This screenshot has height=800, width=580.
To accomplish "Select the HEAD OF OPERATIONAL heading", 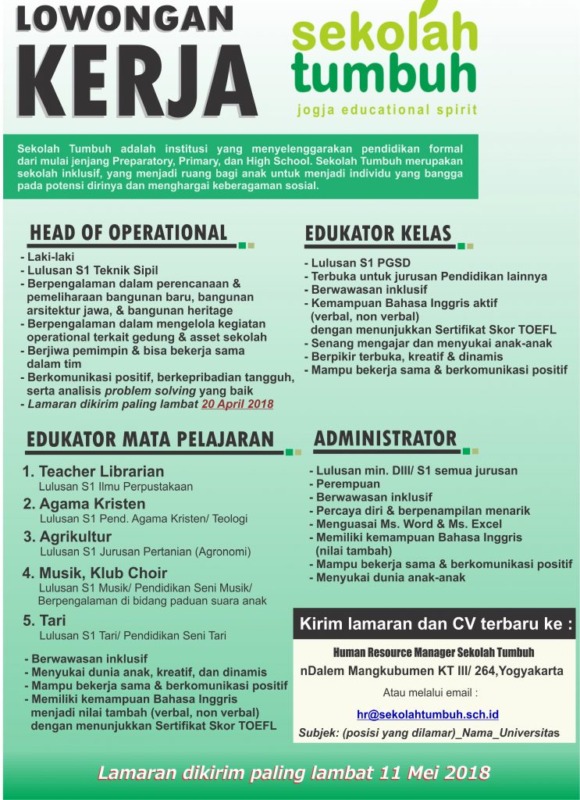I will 128,233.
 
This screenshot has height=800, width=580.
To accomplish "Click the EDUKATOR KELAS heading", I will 378,233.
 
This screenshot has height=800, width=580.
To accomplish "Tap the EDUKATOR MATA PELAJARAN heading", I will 150,438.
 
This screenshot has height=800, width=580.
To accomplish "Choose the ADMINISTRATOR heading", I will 385,438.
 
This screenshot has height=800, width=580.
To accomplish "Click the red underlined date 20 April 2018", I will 237,404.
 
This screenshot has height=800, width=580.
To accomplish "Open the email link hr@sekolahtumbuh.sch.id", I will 428,714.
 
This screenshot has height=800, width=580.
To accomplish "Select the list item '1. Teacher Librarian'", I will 93,471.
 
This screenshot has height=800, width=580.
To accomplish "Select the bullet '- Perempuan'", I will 347,484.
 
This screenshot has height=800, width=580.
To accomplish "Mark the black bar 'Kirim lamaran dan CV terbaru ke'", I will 435,624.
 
